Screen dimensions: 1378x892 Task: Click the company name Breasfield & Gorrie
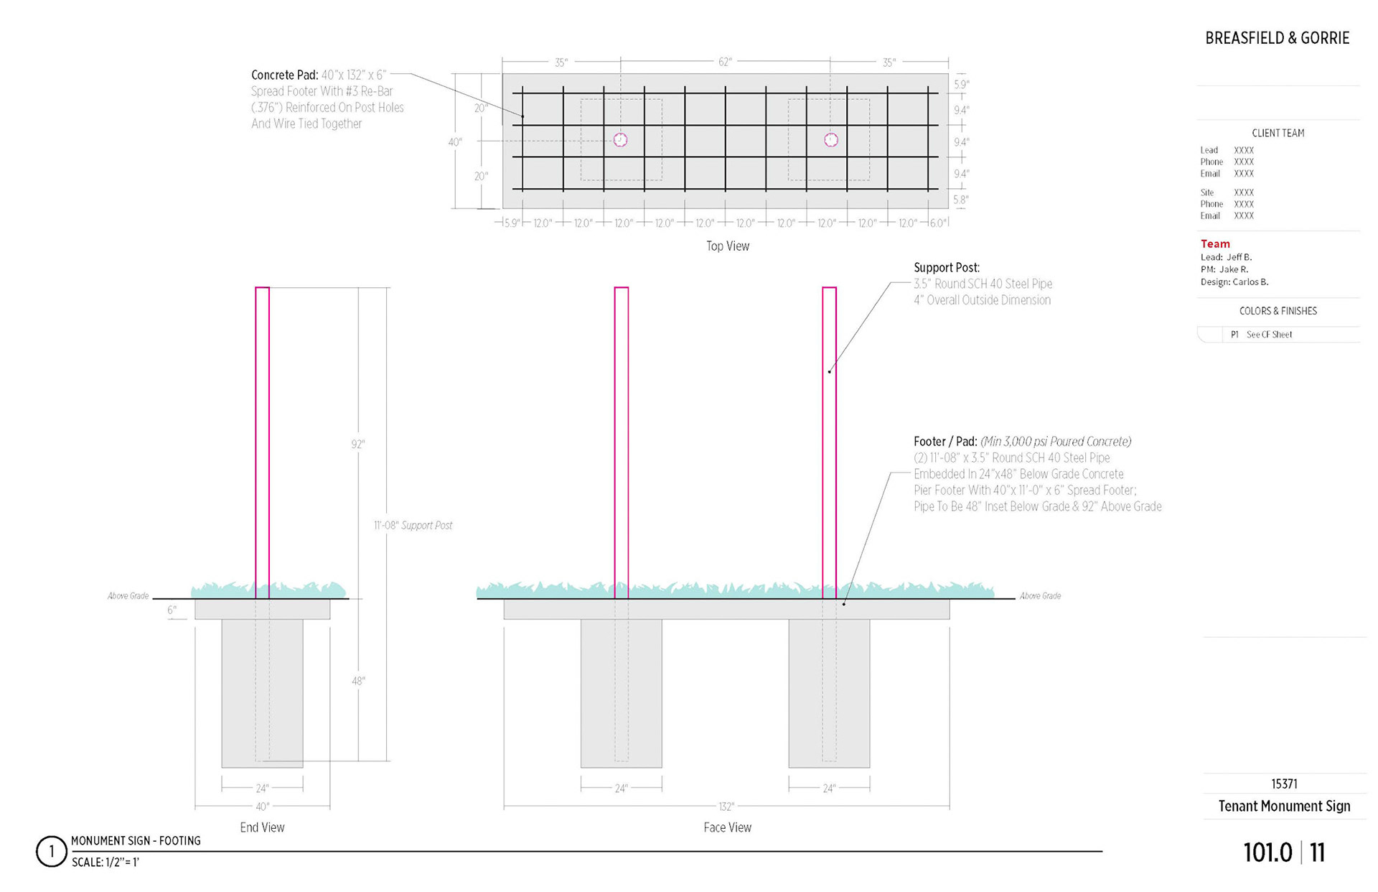[1277, 38]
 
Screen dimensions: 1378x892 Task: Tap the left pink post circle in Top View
[621, 140]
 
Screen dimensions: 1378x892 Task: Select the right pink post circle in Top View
[831, 140]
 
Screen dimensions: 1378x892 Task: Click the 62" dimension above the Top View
[725, 62]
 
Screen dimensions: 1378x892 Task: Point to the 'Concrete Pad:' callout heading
[284, 75]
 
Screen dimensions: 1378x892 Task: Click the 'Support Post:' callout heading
[946, 267]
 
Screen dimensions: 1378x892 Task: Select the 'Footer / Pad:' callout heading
[945, 441]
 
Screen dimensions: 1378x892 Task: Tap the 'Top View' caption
[727, 246]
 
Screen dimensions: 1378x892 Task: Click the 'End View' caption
[262, 827]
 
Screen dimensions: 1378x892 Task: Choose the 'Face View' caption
[727, 827]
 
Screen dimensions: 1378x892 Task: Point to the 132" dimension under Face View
[726, 807]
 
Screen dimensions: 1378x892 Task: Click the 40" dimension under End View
[263, 807]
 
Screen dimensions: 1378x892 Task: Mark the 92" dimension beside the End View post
[357, 445]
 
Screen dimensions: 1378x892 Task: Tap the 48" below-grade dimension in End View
[358, 681]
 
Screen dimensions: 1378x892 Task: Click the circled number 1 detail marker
[51, 852]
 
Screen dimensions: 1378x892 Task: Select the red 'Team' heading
[1215, 244]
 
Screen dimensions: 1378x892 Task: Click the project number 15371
[1284, 784]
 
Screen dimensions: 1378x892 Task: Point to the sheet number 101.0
[1267, 852]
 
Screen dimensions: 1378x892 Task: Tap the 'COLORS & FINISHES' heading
[1278, 311]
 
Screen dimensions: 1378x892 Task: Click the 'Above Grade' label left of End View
[128, 596]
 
